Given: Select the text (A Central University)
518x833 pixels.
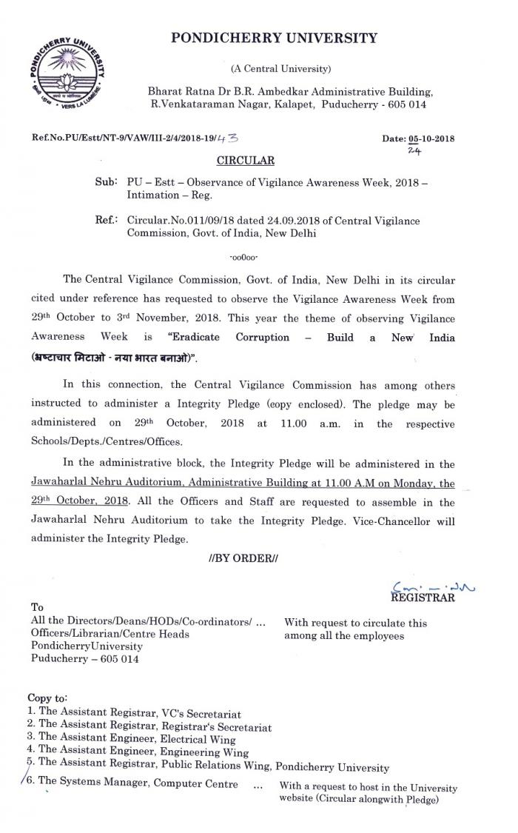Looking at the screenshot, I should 280,69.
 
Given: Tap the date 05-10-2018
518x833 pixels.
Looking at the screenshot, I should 432,138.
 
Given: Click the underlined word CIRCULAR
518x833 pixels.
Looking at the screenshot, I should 245,160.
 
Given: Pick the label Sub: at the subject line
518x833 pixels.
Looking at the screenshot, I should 106,181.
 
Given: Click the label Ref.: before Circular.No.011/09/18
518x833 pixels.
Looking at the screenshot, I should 106,220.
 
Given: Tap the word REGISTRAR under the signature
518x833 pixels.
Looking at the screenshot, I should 423,598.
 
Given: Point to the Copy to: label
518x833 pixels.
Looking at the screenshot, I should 47,697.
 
